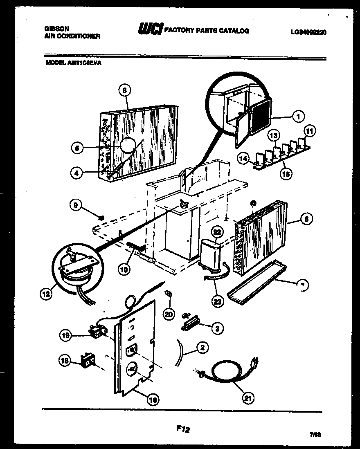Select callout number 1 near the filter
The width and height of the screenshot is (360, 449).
coord(298,117)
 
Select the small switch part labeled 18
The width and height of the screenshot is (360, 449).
coord(87,362)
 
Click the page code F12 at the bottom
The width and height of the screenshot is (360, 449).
coord(184,429)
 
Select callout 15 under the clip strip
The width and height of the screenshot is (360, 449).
coord(286,174)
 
